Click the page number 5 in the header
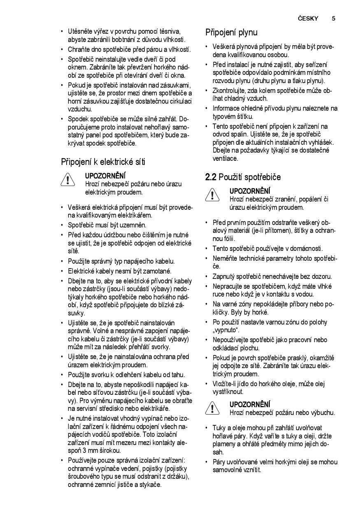click(x=333, y=19)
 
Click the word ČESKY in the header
click(x=308, y=19)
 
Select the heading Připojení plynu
click(x=231, y=32)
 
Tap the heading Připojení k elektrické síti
click(x=103, y=162)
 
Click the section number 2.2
click(x=211, y=177)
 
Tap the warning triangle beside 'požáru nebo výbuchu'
click(x=212, y=408)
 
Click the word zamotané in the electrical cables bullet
click(x=156, y=271)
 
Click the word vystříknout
click(x=228, y=392)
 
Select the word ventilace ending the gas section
click(x=225, y=158)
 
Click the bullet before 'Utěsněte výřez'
click(x=62, y=31)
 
